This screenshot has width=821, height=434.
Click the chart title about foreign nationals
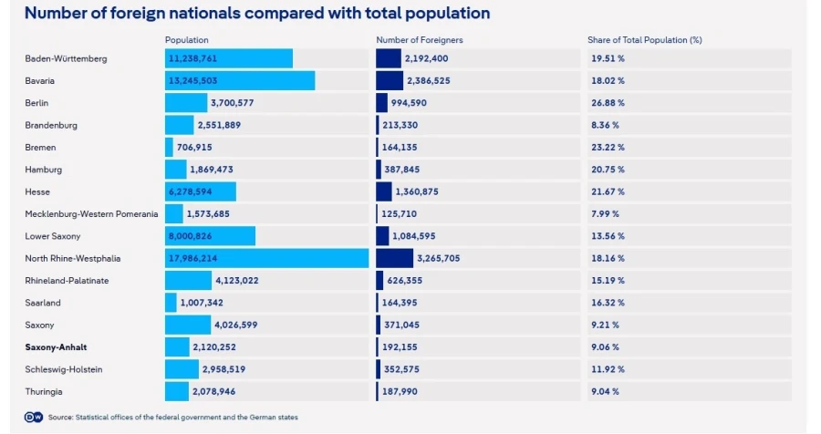[257, 13]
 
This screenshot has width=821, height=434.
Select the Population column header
[186, 40]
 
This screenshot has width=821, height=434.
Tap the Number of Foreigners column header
[420, 40]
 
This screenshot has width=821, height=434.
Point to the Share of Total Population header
[645, 40]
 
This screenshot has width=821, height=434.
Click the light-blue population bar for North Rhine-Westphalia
[266, 258]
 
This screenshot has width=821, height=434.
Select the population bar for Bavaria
[240, 80]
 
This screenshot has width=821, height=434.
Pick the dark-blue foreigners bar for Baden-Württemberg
[389, 58]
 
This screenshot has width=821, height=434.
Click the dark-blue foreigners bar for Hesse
[384, 191]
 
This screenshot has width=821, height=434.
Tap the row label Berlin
[36, 103]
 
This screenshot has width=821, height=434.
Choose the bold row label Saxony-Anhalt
[56, 347]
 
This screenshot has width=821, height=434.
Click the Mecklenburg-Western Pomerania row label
[91, 214]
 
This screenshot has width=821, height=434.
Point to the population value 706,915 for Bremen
[194, 148]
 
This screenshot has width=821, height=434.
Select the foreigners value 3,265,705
[438, 259]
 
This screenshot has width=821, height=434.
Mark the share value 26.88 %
[608, 103]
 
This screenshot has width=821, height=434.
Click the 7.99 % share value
[606, 214]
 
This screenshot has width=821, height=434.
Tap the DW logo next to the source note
[34, 418]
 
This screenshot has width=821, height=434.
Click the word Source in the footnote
[61, 418]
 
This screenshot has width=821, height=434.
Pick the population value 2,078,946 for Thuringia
[213, 391]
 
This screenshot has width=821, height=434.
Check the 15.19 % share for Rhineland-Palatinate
[608, 281]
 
